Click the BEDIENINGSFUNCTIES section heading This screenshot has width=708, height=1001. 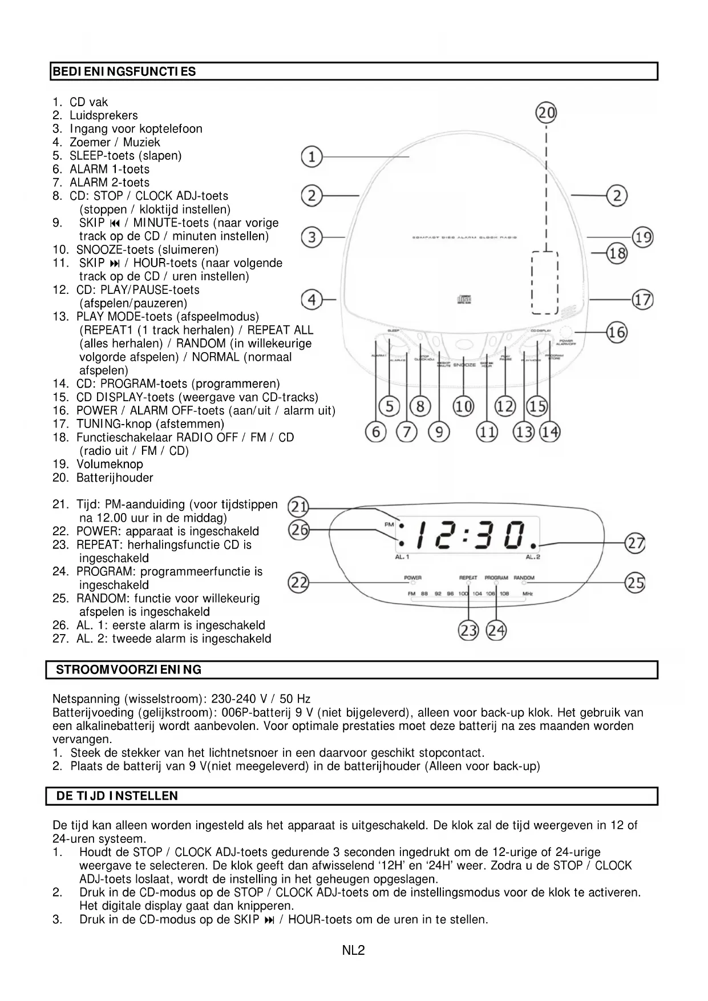pos(124,72)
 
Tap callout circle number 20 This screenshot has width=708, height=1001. pos(546,113)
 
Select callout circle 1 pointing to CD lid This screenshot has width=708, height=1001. pos(311,156)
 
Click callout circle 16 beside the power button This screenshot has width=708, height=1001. pos(616,332)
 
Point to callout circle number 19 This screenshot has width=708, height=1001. pos(642,237)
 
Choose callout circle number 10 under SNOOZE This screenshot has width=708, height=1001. pos(463,406)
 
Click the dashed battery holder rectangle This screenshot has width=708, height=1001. pos(544,282)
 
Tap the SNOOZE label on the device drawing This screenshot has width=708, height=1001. pos(464,365)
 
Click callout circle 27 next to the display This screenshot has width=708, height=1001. pos(635,542)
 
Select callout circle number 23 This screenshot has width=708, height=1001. pos(468,631)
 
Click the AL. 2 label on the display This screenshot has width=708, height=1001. pos(532,557)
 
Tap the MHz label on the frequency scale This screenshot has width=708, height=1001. pos(527,594)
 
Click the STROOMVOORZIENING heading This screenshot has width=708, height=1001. pos(129,670)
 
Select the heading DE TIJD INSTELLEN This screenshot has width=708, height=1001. pos(117,796)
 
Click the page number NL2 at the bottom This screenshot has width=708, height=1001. pos(353,950)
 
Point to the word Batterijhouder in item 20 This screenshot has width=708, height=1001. pos(115,478)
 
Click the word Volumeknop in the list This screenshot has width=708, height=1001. pos(110,464)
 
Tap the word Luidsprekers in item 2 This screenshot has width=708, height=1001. pos(103,115)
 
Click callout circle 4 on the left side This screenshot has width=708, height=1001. pos(311,300)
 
